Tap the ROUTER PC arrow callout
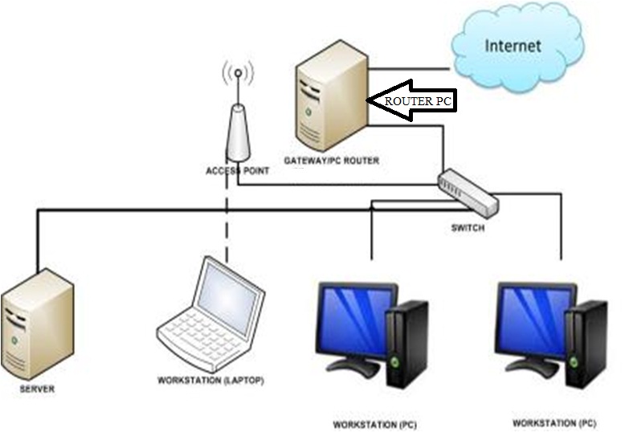click(x=410, y=101)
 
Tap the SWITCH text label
click(x=468, y=228)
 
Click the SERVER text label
click(x=37, y=389)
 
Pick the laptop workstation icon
click(x=211, y=313)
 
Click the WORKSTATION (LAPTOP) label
click(x=211, y=380)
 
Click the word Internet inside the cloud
click(x=513, y=45)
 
